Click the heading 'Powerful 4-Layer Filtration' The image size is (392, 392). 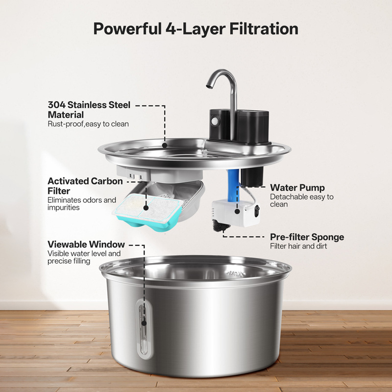[196, 29]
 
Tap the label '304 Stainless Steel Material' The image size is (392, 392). [89, 109]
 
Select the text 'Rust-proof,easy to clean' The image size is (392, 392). [88, 124]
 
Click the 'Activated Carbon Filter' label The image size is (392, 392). [85, 186]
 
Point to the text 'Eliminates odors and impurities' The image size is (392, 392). [82, 204]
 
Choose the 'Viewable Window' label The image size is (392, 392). [86, 244]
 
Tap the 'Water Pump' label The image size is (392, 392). [297, 188]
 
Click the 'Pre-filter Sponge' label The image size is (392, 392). [307, 237]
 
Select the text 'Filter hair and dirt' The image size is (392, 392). [298, 246]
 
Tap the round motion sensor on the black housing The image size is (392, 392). [214, 121]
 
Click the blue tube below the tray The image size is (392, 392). [233, 185]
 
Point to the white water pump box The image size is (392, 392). [236, 213]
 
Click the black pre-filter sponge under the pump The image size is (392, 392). [220, 225]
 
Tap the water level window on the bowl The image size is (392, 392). [144, 329]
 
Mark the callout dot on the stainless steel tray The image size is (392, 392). [165, 145]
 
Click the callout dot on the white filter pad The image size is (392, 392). [146, 208]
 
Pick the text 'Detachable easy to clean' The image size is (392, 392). [302, 200]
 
